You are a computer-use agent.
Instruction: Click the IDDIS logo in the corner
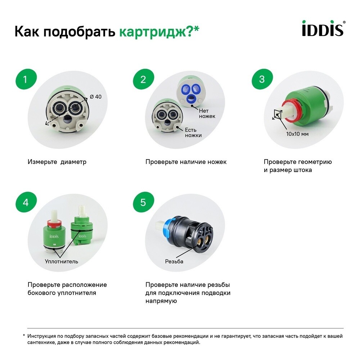[x=323, y=29]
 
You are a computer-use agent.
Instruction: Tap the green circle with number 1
[x=25, y=80]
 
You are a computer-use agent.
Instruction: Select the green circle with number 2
[x=143, y=80]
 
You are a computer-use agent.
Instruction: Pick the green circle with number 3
[x=262, y=80]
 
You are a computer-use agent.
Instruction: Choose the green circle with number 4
[x=25, y=202]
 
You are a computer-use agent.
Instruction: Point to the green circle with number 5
[x=143, y=202]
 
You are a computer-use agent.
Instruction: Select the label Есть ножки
[x=193, y=132]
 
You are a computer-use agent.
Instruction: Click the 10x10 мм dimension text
[x=298, y=134]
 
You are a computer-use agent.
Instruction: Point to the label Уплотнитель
[x=61, y=261]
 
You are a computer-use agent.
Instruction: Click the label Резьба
[x=174, y=261]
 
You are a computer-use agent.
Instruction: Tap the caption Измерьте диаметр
[x=57, y=162]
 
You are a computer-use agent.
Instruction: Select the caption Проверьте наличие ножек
[x=186, y=162]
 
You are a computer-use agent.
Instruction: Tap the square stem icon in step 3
[x=278, y=114]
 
